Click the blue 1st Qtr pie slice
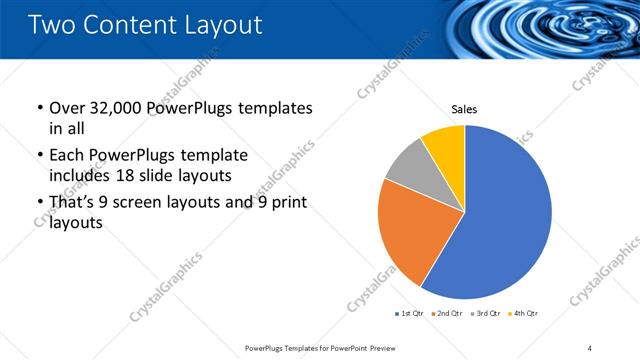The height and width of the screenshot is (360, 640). (x=500, y=220)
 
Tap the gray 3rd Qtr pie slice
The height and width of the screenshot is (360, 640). (x=409, y=165)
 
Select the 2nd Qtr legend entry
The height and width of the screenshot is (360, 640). (x=447, y=313)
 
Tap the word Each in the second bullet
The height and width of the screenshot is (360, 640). (x=67, y=156)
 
